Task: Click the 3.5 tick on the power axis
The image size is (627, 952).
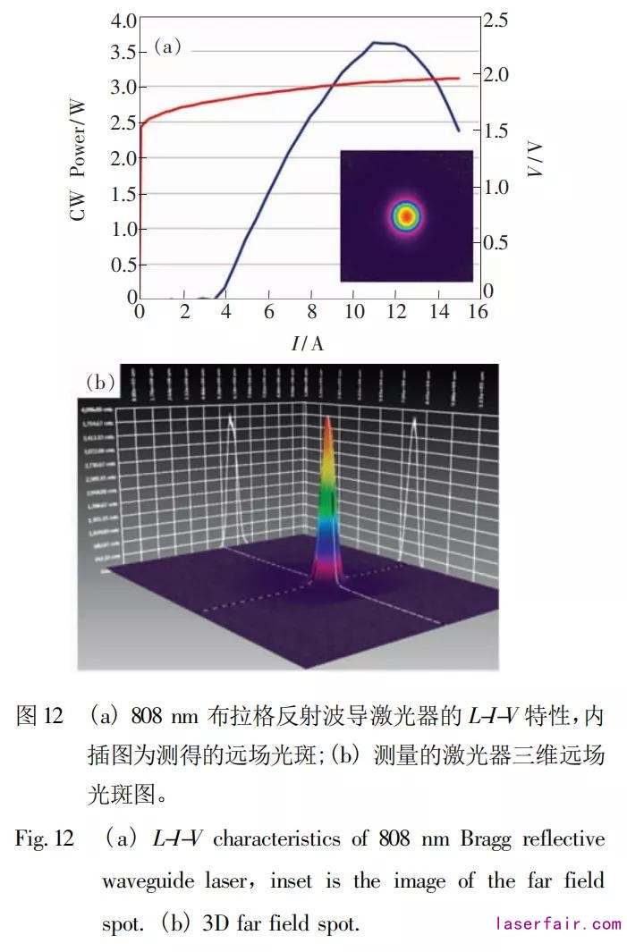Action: [x=123, y=53]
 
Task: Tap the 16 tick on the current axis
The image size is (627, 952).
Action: [x=479, y=312]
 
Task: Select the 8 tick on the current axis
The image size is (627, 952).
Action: [x=311, y=312]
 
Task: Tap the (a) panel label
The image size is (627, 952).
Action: [x=167, y=46]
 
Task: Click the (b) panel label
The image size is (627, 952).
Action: [x=100, y=383]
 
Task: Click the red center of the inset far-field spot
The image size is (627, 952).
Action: [x=406, y=215]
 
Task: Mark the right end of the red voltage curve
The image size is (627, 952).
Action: [x=459, y=79]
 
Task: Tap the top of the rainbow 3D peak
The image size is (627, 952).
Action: [x=328, y=420]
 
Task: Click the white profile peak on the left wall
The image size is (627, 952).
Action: [x=231, y=418]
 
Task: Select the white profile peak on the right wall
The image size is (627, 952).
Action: [x=413, y=427]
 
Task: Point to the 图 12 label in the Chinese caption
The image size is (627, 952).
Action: [x=40, y=716]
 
